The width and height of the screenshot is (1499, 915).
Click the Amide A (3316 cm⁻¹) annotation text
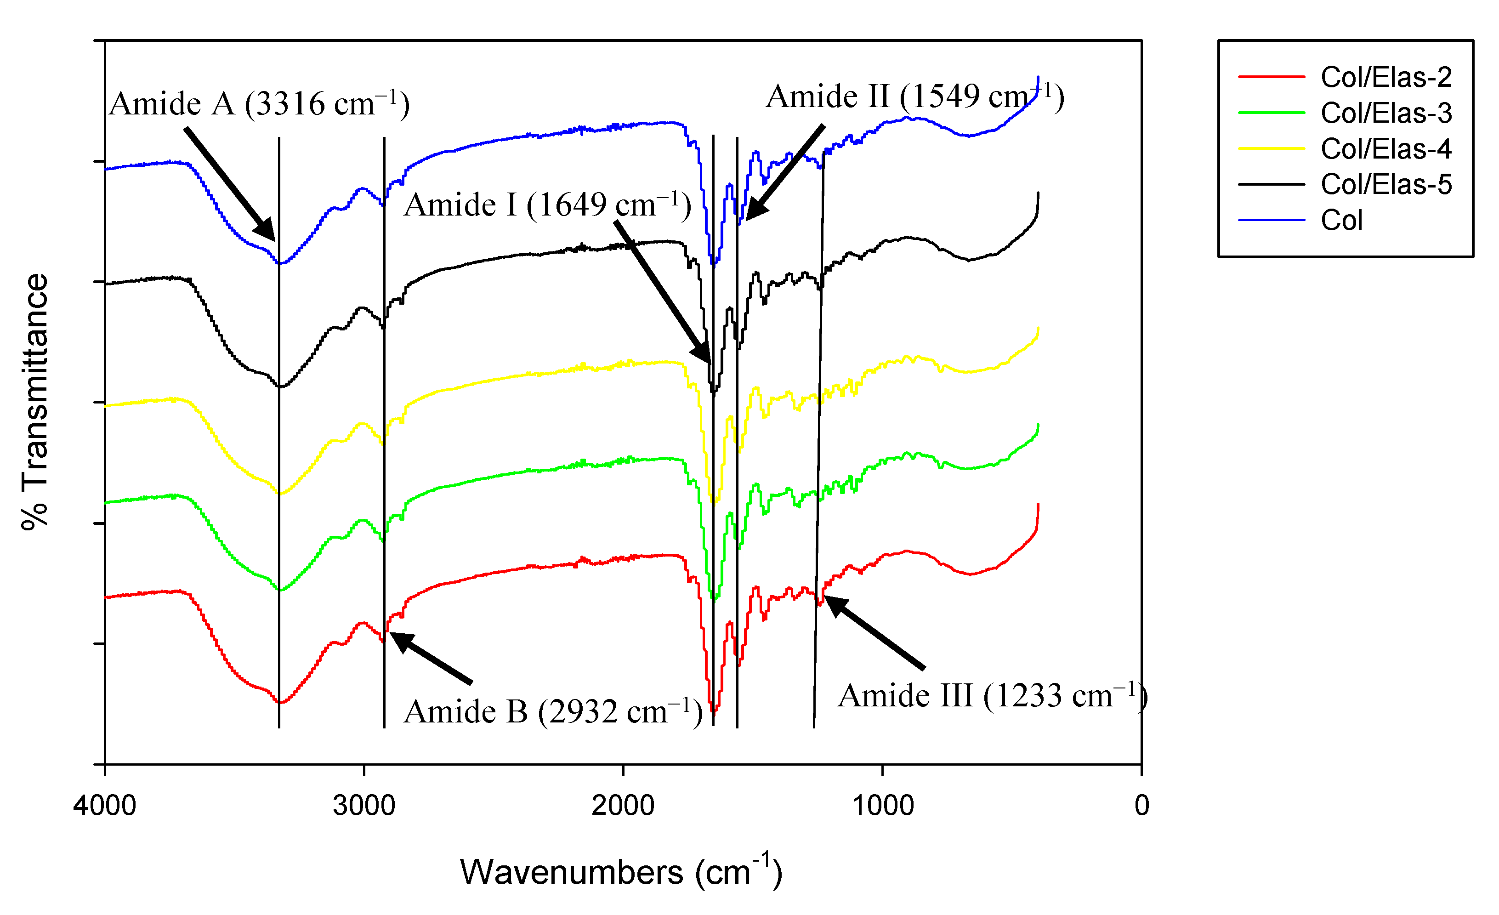[x=259, y=104]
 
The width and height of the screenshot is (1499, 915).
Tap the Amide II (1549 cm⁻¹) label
[x=914, y=97]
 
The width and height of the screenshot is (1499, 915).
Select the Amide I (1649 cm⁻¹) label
[x=547, y=205]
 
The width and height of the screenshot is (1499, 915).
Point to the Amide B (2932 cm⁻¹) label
[x=552, y=712]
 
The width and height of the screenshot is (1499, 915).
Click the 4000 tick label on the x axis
[x=105, y=806]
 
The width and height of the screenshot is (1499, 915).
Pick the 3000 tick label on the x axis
[x=364, y=806]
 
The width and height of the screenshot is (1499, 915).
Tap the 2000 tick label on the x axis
[x=623, y=806]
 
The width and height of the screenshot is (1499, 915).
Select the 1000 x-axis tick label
[x=882, y=806]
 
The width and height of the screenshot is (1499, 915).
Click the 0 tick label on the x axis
[x=1142, y=806]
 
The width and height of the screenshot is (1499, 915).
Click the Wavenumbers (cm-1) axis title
[x=620, y=872]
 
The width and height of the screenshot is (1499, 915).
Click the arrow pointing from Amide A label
[x=230, y=184]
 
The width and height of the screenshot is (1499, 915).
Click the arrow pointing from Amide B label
[x=432, y=658]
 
